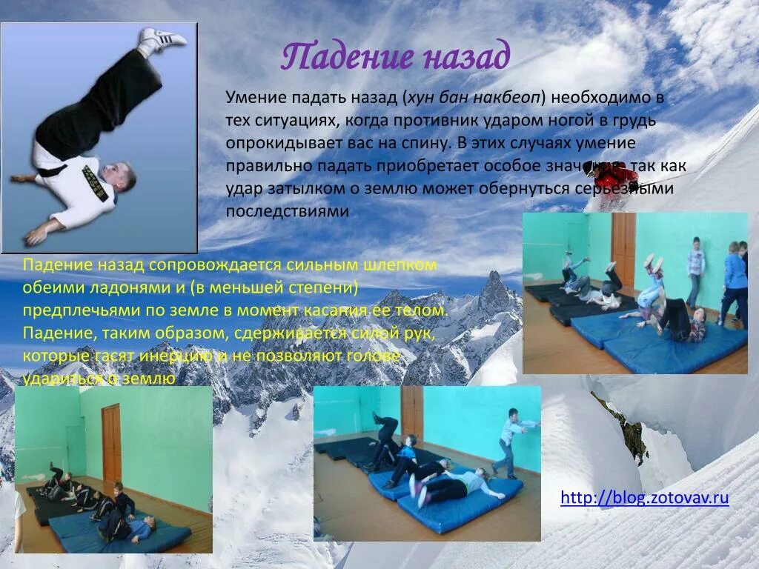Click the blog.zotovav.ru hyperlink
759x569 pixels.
(645, 497)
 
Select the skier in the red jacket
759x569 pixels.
(615, 179)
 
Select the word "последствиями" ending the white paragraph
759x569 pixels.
(287, 211)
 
